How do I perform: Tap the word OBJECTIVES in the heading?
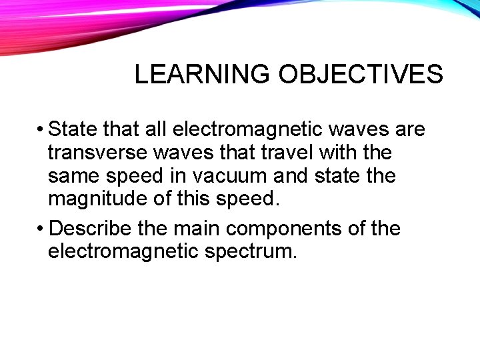point(360,75)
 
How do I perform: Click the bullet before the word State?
point(41,129)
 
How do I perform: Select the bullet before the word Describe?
point(41,229)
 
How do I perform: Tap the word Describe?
point(91,229)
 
